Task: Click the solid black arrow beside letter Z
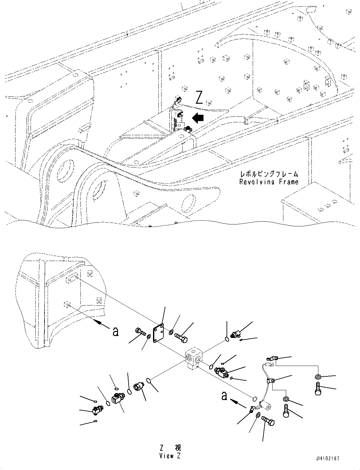tap(198, 118)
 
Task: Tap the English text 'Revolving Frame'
tap(269, 182)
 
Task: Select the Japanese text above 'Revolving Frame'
tap(269, 174)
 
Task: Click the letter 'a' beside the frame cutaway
tap(116, 331)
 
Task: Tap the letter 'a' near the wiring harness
tap(224, 396)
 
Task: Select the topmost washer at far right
tap(318, 377)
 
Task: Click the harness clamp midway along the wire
tap(270, 381)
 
